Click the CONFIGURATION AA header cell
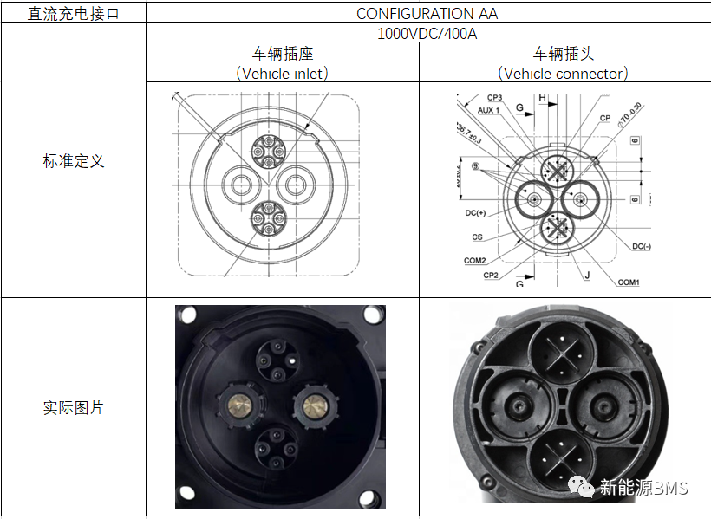(x=427, y=13)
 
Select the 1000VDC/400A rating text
(x=427, y=34)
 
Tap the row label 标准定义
(x=73, y=161)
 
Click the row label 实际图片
(x=73, y=407)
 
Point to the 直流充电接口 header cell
(x=73, y=14)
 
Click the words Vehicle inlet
(x=284, y=74)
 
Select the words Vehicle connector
(x=564, y=74)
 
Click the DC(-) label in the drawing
(x=641, y=246)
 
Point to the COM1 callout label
(x=629, y=282)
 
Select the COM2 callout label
(x=474, y=260)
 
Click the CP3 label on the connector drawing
(x=494, y=98)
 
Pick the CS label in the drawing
(x=478, y=237)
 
